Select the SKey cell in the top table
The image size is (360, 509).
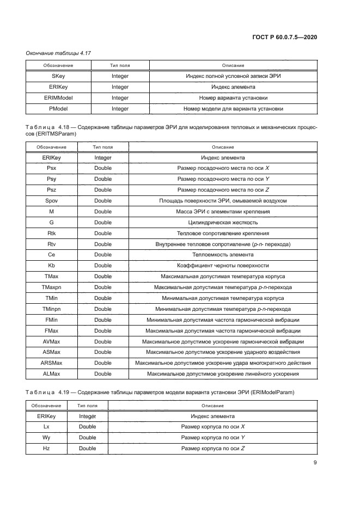(58, 76)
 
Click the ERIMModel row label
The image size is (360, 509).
(58, 98)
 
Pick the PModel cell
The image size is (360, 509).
(58, 109)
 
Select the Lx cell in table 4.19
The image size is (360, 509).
(46, 427)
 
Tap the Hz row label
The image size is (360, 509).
(46, 449)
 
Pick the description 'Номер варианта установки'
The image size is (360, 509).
(233, 98)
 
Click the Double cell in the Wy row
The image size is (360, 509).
(87, 438)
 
